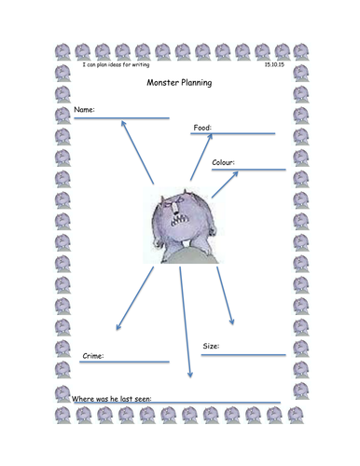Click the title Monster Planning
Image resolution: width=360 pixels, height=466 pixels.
[180, 83]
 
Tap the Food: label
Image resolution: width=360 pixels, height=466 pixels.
[202, 128]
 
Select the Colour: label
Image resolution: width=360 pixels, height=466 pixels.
[223, 162]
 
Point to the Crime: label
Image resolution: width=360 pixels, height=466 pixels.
[92, 355]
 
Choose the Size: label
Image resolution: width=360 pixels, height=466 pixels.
[211, 346]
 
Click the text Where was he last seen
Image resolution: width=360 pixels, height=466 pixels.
[112, 399]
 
